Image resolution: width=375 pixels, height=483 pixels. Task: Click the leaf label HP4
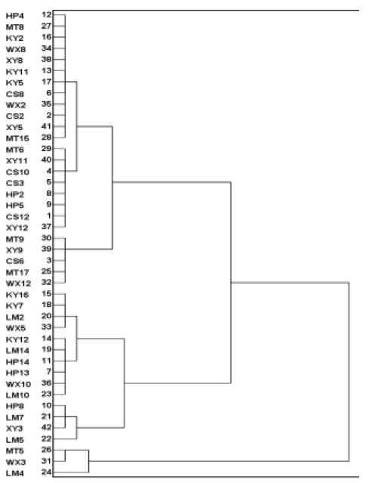click(x=15, y=16)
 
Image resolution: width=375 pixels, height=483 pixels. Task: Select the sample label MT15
click(x=17, y=138)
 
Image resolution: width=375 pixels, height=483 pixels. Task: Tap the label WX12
click(x=18, y=283)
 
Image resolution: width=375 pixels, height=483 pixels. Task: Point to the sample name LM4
click(x=15, y=473)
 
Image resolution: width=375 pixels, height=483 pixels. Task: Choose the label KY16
click(x=17, y=295)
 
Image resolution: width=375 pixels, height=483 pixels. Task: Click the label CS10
click(x=17, y=172)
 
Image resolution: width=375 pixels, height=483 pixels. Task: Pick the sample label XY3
click(x=14, y=429)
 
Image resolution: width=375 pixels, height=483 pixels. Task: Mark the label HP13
click(x=17, y=373)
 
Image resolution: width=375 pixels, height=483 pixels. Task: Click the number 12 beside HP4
click(x=47, y=14)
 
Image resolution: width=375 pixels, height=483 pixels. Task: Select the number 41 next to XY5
click(x=47, y=126)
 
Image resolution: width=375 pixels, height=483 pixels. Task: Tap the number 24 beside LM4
click(x=47, y=472)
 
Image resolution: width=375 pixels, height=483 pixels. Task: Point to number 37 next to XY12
click(x=47, y=227)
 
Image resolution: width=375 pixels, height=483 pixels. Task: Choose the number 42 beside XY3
click(x=47, y=427)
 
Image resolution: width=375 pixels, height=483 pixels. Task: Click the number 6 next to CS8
click(x=49, y=93)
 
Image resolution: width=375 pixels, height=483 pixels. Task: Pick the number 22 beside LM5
click(x=47, y=438)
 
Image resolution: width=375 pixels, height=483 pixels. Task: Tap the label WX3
click(x=16, y=462)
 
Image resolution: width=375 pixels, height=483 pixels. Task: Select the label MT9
click(x=15, y=239)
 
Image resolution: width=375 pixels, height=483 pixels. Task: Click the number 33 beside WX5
click(x=47, y=327)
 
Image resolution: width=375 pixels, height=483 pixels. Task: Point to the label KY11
click(x=17, y=72)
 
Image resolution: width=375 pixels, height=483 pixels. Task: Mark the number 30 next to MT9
click(x=47, y=238)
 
